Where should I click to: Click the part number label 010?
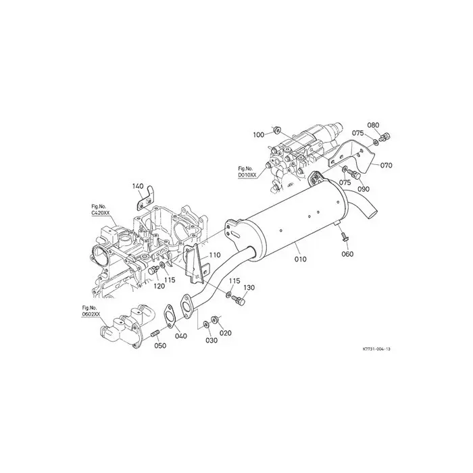click(300, 257)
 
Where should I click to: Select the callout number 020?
click(225, 333)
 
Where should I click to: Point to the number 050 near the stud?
click(159, 346)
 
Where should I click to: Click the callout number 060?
click(347, 254)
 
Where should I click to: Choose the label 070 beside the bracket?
click(386, 165)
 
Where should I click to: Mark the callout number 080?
click(373, 125)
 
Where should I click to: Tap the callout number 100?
click(259, 135)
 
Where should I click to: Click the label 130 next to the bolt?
click(249, 288)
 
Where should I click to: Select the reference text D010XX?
click(247, 175)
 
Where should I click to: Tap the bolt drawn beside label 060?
click(344, 236)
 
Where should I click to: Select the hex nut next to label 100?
click(276, 128)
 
